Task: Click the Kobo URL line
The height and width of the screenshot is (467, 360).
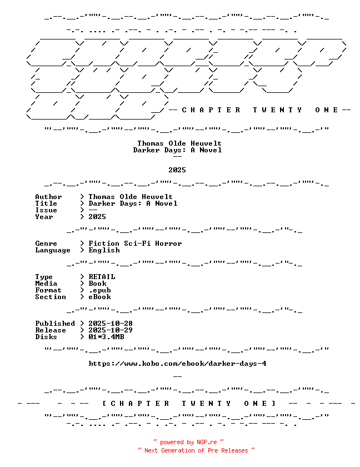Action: pyautogui.click(x=177, y=364)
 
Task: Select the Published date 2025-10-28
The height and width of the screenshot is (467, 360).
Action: pyautogui.click(x=111, y=324)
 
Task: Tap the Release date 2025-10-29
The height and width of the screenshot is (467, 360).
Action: pyautogui.click(x=111, y=330)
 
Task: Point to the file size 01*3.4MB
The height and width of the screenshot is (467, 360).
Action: pyautogui.click(x=106, y=337)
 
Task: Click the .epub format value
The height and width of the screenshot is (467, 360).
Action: pyautogui.click(x=99, y=290)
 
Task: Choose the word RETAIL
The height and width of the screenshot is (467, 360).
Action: pyautogui.click(x=102, y=277)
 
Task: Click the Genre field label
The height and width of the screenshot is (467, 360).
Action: pyautogui.click(x=46, y=244)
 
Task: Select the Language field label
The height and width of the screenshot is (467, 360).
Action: pyautogui.click(x=53, y=251)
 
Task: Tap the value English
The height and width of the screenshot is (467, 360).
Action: pyautogui.click(x=104, y=250)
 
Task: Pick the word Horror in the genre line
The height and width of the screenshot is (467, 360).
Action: pyautogui.click(x=168, y=244)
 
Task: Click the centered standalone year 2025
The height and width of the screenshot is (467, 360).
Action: pyautogui.click(x=177, y=170)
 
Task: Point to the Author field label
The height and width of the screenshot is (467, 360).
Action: pyautogui.click(x=48, y=197)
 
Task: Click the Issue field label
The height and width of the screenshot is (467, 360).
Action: pyautogui.click(x=46, y=210)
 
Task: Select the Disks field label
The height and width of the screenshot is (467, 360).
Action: pyautogui.click(x=46, y=337)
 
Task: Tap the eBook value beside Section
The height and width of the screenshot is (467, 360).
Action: pyautogui.click(x=99, y=297)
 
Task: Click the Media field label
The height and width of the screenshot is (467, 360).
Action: pyautogui.click(x=46, y=284)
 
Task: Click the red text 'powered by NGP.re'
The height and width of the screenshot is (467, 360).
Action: pyautogui.click(x=189, y=442)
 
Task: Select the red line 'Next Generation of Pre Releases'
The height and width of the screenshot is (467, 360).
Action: pyautogui.click(x=196, y=450)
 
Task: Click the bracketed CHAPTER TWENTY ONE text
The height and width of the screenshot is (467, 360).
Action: pyautogui.click(x=189, y=404)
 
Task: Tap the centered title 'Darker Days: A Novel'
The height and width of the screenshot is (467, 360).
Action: pyautogui.click(x=177, y=150)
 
